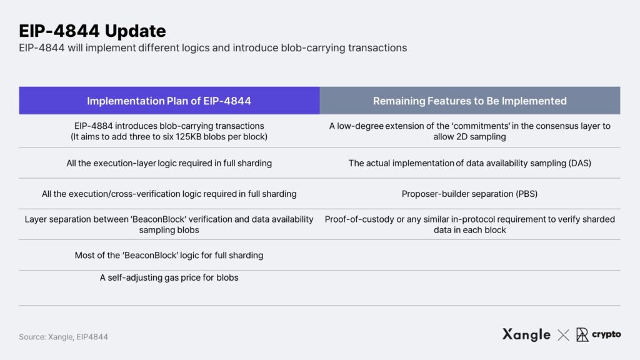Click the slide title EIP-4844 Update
click(x=92, y=31)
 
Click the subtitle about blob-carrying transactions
click(x=212, y=48)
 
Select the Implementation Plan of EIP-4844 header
click(x=169, y=101)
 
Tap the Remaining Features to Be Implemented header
click(x=470, y=101)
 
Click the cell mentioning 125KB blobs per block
click(x=169, y=131)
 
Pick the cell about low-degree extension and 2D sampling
click(x=470, y=131)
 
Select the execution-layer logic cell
click(x=169, y=163)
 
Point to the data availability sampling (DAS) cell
click(x=470, y=163)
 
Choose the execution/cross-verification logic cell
click(x=169, y=194)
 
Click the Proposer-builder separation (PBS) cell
click(x=470, y=194)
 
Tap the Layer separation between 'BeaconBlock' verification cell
click(x=169, y=224)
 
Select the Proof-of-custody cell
click(x=470, y=224)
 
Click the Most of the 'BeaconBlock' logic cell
click(x=169, y=255)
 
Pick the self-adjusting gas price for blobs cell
click(x=169, y=277)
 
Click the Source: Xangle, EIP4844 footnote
click(x=63, y=337)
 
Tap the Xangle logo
click(x=526, y=335)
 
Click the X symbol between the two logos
click(x=563, y=335)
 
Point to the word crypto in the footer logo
click(x=606, y=334)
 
